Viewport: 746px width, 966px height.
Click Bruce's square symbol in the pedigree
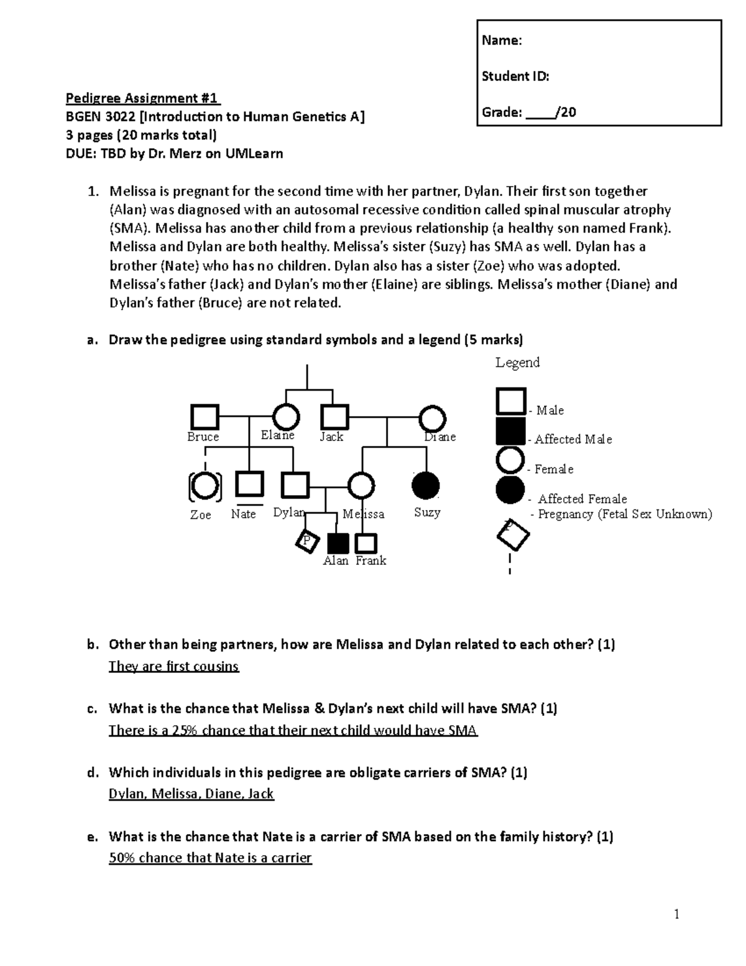tap(205, 417)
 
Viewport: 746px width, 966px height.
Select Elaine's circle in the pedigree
tap(286, 416)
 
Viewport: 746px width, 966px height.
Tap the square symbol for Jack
tap(334, 417)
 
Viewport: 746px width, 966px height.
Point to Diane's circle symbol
tap(432, 419)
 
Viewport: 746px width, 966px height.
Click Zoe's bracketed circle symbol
tap(205, 486)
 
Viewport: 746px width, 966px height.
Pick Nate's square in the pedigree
tap(249, 485)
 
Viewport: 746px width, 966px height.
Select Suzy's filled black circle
tap(426, 485)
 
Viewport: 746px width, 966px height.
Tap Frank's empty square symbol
tap(366, 544)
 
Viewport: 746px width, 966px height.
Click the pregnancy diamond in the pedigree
tap(306, 541)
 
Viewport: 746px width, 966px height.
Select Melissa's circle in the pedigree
tap(361, 486)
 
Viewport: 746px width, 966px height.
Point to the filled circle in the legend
tap(510, 490)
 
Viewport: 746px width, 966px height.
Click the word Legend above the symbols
tap(517, 363)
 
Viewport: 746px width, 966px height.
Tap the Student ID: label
tap(515, 77)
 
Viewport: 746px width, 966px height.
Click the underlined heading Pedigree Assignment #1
tap(143, 98)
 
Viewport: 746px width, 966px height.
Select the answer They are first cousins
tap(173, 666)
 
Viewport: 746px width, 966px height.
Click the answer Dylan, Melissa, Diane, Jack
tap(191, 794)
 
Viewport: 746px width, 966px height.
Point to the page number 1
tap(676, 914)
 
